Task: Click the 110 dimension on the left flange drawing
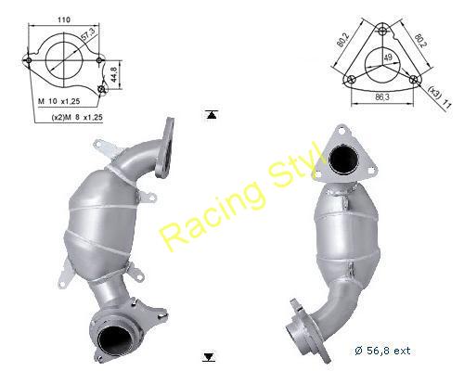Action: [64, 19]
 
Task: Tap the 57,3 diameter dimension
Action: [87, 33]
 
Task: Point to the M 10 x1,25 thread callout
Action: [58, 101]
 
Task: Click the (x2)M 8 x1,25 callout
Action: [77, 118]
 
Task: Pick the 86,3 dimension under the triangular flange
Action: [382, 96]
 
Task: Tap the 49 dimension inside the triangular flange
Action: [387, 58]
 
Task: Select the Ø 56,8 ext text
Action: [382, 351]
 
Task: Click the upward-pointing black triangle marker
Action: [212, 115]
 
